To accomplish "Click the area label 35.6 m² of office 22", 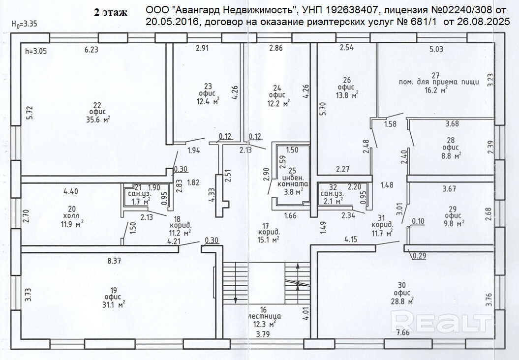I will click(x=96, y=119).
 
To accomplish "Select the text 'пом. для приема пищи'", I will click(x=439, y=82).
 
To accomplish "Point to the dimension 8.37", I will click(x=114, y=261).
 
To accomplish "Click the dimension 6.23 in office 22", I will click(x=92, y=49).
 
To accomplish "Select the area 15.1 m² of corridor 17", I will click(x=268, y=240).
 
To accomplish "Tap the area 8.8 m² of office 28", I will click(x=451, y=156).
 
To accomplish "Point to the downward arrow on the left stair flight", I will click(x=236, y=300).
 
